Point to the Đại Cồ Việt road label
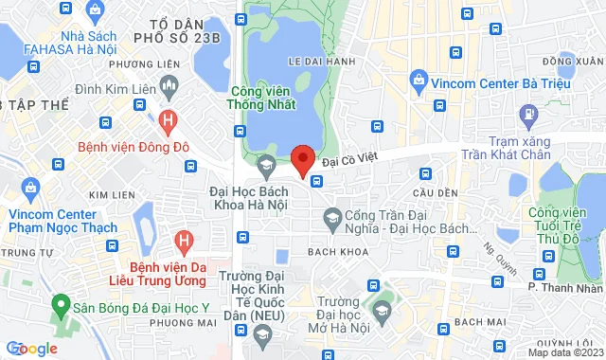coord(355,162)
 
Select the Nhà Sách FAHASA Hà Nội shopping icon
coord(94,10)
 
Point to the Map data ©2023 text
coord(563,352)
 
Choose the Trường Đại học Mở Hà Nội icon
coord(381,311)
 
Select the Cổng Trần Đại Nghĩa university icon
coord(332,221)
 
